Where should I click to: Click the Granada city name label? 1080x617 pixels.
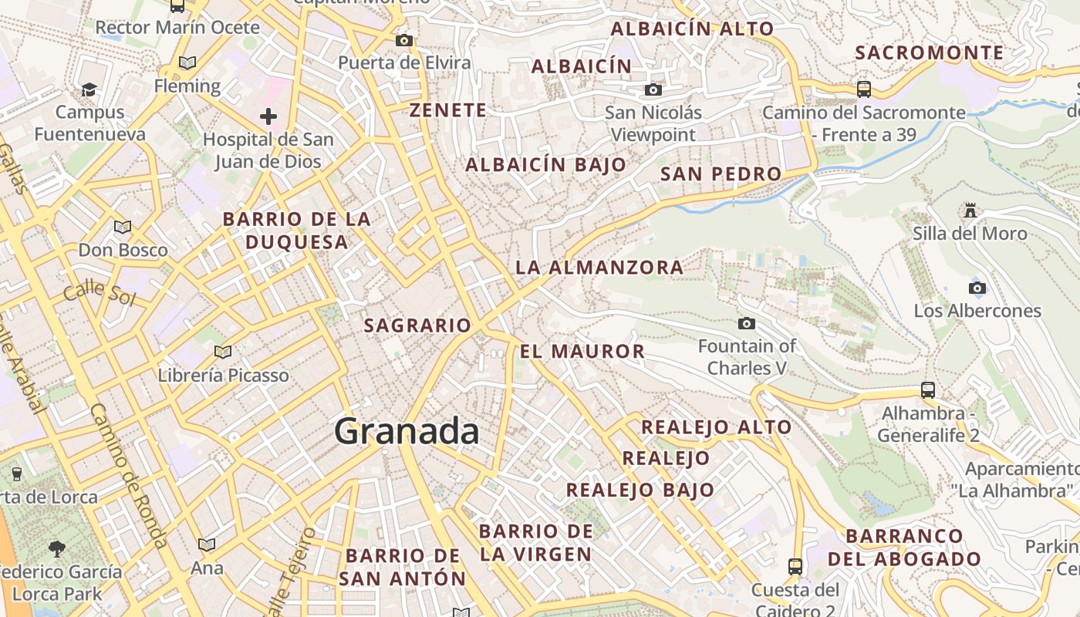407,430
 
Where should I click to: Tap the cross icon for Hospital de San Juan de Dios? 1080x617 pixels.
268,117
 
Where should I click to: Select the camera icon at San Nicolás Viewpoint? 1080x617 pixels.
653,90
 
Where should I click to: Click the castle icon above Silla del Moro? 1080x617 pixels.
970,210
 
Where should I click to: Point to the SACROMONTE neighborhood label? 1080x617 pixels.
930,52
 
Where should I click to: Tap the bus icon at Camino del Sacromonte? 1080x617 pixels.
864,89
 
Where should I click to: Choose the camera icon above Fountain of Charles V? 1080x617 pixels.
746,323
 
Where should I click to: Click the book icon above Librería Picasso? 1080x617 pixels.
223,352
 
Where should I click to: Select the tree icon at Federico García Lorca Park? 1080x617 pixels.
56,549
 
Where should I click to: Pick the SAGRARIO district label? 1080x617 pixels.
417,325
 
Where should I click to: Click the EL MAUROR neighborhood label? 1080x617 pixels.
582,352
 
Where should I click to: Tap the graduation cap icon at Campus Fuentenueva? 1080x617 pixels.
89,89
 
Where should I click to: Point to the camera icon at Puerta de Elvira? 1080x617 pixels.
403,40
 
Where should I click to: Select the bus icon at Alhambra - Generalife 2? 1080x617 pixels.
928,390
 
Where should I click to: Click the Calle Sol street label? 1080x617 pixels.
99,293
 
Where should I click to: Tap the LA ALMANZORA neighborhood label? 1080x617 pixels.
599,268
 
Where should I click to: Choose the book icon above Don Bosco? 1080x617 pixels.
122,227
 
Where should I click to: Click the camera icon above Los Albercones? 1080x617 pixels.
977,288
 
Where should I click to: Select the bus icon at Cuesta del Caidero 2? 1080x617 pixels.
795,567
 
